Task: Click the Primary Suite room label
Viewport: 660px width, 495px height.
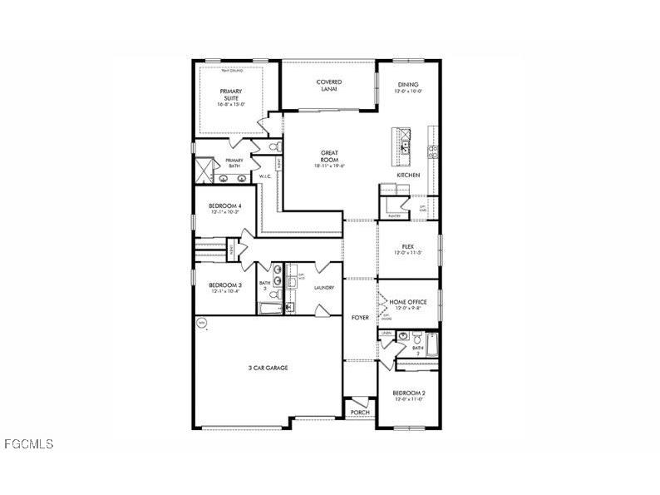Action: click(229, 94)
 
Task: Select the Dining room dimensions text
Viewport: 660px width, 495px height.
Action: click(407, 92)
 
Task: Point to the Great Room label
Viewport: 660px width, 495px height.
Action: click(329, 156)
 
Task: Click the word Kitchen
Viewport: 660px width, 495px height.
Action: click(407, 176)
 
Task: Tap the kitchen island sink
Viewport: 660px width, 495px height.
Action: click(405, 146)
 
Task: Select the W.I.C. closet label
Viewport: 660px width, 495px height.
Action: click(265, 176)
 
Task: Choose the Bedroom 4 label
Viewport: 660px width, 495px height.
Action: click(224, 205)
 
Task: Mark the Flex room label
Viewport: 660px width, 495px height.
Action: click(407, 246)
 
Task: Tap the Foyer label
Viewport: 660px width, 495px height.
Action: click(359, 318)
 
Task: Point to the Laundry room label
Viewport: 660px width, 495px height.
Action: click(324, 288)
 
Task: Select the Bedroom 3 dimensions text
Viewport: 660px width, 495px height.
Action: click(224, 291)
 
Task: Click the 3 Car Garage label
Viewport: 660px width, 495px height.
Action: click(268, 367)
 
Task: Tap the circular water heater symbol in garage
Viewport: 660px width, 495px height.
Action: click(200, 322)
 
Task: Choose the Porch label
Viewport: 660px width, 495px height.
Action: click(359, 413)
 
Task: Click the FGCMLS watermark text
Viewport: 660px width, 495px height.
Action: click(27, 444)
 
